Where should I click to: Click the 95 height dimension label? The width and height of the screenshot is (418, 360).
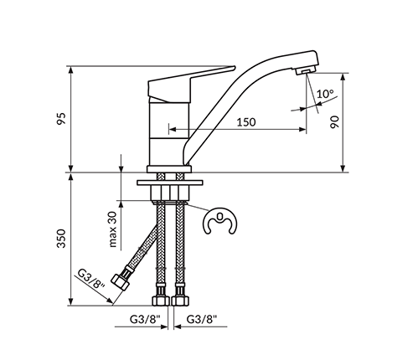click(61, 119)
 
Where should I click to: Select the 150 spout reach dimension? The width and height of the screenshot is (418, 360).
click(246, 122)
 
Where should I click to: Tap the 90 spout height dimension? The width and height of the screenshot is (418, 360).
click(334, 122)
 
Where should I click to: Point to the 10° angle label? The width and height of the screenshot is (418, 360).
click(325, 94)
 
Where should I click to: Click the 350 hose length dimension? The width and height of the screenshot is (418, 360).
click(61, 239)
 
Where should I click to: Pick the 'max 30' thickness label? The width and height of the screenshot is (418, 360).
click(112, 229)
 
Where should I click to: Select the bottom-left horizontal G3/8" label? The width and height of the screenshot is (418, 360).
click(145, 319)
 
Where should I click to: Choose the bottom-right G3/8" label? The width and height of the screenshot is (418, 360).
click(202, 319)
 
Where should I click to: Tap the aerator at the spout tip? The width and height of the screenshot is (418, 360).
click(305, 70)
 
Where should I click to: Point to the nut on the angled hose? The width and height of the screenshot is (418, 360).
click(121, 281)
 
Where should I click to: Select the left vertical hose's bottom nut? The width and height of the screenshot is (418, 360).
click(161, 301)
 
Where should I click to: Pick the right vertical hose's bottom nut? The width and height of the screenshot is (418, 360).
click(180, 301)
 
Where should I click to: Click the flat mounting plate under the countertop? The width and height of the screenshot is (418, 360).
click(169, 183)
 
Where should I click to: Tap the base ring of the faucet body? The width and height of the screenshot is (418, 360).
click(169, 169)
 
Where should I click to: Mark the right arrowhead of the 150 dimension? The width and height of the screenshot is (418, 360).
click(302, 129)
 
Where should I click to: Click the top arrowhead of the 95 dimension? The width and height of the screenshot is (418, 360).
click(71, 69)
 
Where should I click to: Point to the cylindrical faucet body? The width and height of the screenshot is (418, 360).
click(169, 134)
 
